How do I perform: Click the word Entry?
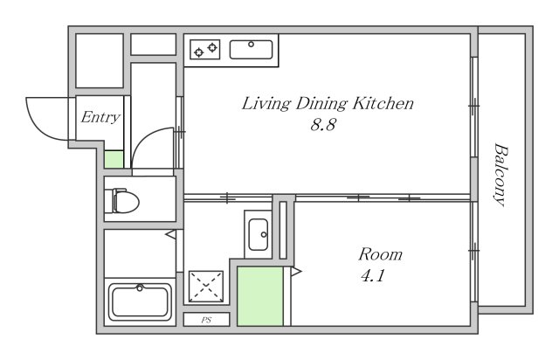click(100, 117)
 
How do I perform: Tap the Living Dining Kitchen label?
click(328, 103)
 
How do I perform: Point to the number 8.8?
click(323, 125)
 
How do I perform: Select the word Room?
click(381, 254)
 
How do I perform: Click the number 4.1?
click(373, 275)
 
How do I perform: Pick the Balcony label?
click(500, 175)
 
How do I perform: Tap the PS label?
click(206, 320)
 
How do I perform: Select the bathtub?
click(140, 301)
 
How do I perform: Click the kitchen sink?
click(251, 49)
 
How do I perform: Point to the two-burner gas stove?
click(205, 49)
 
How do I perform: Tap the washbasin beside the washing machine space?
click(259, 234)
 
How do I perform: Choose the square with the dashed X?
click(206, 286)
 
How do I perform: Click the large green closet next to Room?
click(260, 296)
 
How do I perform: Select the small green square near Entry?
click(114, 160)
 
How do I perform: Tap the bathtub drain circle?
click(140, 287)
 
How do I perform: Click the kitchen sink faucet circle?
click(251, 45)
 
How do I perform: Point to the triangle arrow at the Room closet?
click(296, 272)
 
